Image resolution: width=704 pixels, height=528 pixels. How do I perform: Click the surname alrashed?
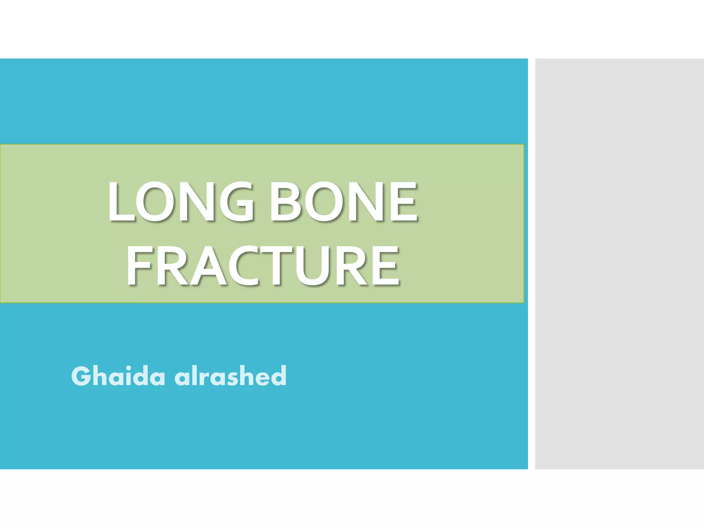click(230, 376)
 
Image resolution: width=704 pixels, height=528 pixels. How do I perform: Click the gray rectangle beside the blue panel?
click(619, 264)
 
